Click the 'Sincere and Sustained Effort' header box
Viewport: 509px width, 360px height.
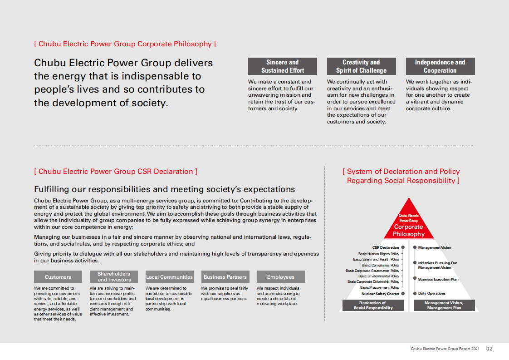(282, 66)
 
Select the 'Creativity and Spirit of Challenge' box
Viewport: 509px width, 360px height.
(361, 66)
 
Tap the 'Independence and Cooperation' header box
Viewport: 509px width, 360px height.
(440, 66)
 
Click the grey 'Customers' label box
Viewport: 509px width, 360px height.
(58, 277)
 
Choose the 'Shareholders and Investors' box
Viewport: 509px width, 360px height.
(113, 277)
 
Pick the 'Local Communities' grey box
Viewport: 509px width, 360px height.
(169, 277)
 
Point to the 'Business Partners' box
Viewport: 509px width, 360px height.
(225, 277)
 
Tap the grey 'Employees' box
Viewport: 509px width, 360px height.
(281, 277)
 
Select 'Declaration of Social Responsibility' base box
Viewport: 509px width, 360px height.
(372, 306)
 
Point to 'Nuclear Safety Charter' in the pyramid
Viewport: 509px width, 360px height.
(380, 294)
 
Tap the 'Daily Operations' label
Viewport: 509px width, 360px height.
(432, 294)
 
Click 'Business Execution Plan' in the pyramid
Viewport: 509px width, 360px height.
(438, 280)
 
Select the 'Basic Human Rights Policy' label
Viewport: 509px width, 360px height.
(378, 254)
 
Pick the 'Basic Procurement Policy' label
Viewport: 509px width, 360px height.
(379, 287)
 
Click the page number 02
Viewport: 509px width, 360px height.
(489, 349)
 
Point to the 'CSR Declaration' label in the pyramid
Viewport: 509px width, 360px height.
(386, 248)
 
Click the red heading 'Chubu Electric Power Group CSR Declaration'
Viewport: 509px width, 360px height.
(116, 172)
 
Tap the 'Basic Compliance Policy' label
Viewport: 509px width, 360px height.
(380, 265)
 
